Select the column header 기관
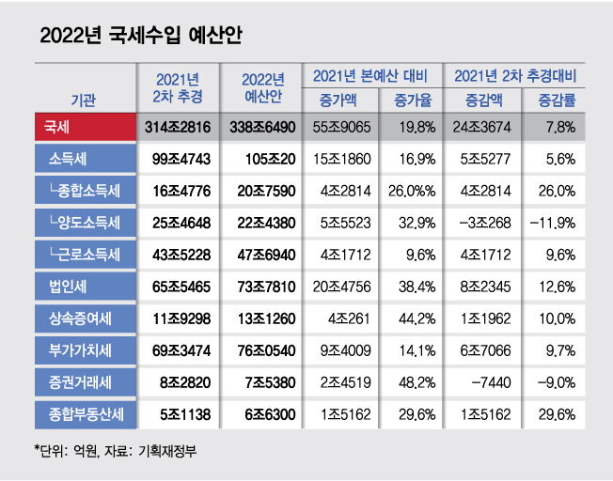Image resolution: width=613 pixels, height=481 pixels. [x=83, y=98]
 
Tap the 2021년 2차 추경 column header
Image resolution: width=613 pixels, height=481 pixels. [x=177, y=87]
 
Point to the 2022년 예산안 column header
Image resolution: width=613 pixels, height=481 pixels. [x=260, y=87]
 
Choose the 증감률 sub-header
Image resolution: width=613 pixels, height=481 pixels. [x=555, y=99]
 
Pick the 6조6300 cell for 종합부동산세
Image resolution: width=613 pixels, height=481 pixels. [x=260, y=412]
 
